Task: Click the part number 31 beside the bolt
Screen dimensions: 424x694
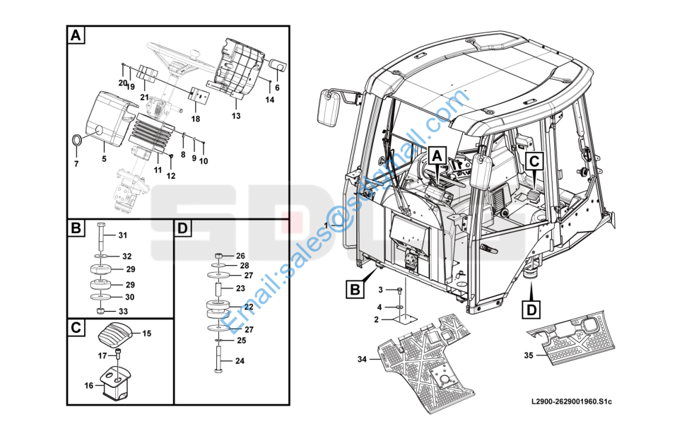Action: click(122, 235)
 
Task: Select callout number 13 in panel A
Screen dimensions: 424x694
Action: click(235, 115)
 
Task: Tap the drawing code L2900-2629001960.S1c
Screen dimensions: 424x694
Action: click(571, 402)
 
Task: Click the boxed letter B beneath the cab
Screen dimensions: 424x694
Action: click(355, 288)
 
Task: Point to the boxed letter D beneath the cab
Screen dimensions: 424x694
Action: click(532, 308)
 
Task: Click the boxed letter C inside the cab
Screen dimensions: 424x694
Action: click(534, 160)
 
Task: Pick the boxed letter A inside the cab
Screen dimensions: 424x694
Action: click(437, 155)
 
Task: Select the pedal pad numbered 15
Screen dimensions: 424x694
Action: click(114, 334)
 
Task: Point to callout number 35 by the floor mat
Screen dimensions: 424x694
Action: click(528, 355)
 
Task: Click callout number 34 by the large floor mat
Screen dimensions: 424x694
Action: click(362, 360)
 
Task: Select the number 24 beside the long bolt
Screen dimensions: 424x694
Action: click(240, 361)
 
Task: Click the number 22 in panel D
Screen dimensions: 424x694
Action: click(249, 307)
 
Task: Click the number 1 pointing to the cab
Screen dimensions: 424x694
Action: click(326, 225)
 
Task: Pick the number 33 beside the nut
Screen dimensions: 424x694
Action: click(123, 312)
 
